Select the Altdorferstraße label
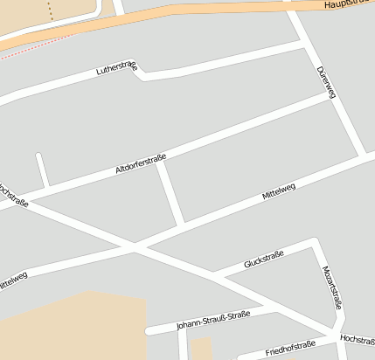[x=141, y=163]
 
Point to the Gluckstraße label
[x=265, y=257]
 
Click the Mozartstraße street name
[x=331, y=288]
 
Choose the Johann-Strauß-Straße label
[x=213, y=321]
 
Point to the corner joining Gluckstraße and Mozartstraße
[x=313, y=242]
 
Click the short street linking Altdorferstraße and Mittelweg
[x=170, y=192]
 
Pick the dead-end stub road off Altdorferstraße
[x=41, y=170]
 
